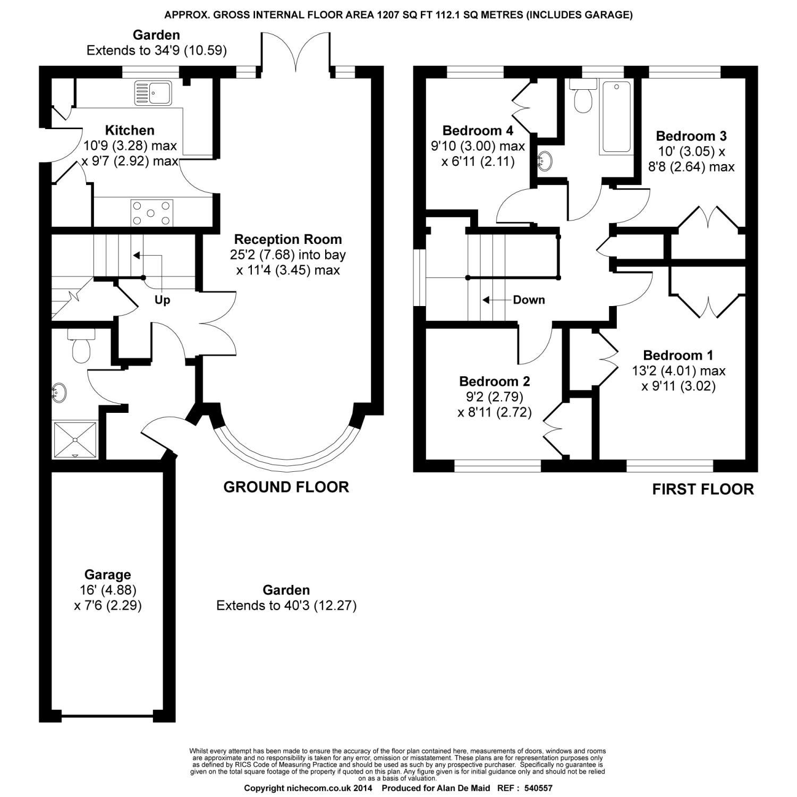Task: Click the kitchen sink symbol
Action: coord(152,93)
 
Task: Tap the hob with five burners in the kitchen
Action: coord(151,213)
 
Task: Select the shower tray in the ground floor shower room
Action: coord(75,440)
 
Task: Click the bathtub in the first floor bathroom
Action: coord(615,117)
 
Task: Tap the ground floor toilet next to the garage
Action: coord(81,346)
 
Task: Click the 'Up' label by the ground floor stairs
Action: coord(162,300)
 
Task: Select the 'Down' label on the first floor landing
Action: coord(529,300)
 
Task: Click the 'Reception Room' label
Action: coord(288,239)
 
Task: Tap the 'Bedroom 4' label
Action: coord(478,130)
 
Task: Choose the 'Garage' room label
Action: coord(107,575)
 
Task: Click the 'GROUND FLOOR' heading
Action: coord(286,487)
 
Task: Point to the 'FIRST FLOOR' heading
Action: coord(703,489)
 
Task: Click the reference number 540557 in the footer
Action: coord(538,788)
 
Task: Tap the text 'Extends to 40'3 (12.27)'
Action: coord(286,605)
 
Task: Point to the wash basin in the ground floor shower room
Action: coord(60,393)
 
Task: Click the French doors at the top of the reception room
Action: coord(295,52)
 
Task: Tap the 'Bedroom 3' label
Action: coord(691,136)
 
